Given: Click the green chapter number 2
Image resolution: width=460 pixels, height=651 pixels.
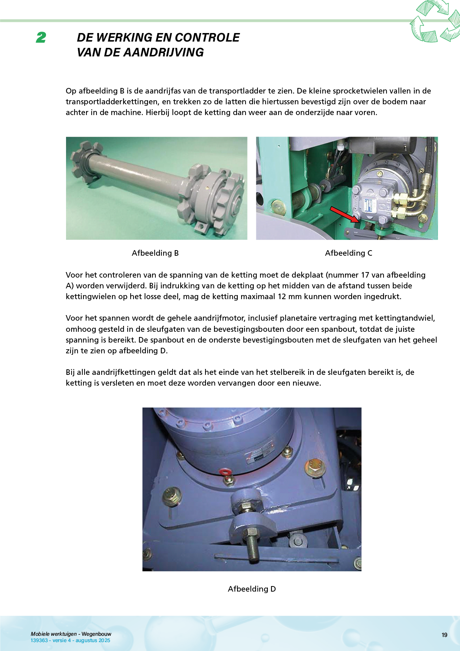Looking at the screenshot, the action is [41, 37].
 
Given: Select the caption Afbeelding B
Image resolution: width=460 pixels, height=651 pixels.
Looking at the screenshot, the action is [155, 253].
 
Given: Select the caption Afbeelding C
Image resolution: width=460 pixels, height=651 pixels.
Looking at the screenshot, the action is [349, 253].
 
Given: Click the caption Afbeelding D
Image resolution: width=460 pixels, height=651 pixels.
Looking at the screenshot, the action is [252, 589].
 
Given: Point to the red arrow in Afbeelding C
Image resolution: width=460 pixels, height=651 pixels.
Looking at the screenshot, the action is [345, 215].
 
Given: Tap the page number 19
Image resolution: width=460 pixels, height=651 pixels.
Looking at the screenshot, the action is [444, 635].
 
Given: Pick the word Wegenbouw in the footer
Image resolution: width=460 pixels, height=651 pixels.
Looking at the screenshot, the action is [96, 634].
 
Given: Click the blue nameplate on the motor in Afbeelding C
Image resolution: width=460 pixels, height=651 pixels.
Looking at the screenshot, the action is [370, 205].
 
